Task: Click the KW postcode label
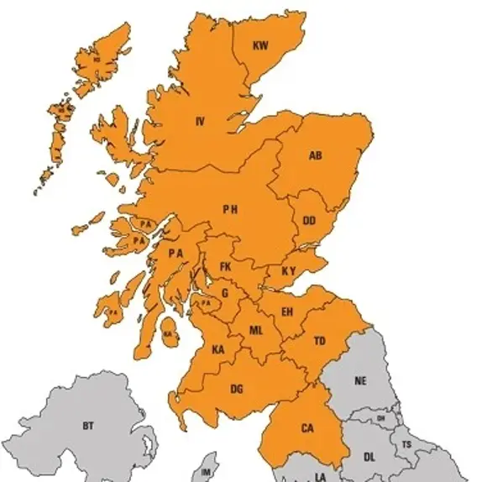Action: click(260, 47)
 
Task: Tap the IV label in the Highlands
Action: click(200, 122)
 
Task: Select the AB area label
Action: click(316, 155)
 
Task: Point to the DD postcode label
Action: click(309, 221)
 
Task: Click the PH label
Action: click(230, 209)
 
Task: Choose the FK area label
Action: click(225, 266)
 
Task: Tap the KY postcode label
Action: click(289, 270)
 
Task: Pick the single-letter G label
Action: click(224, 293)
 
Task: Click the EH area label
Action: click(287, 312)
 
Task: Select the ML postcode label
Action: click(256, 331)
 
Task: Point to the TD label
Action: click(320, 341)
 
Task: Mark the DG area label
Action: click(237, 389)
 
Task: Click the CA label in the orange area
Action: click(307, 428)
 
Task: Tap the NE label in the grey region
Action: click(360, 380)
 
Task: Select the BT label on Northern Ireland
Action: click(88, 426)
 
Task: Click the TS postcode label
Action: click(406, 443)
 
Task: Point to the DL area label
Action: click(369, 457)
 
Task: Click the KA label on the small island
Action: click(168, 333)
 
